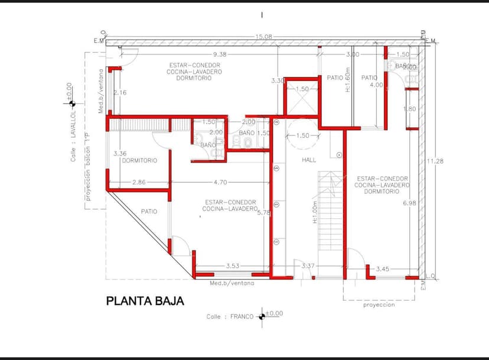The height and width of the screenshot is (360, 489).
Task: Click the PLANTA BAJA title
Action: tap(145, 301)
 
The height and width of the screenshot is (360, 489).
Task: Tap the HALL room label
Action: tap(309, 160)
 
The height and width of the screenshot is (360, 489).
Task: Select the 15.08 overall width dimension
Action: tap(263, 37)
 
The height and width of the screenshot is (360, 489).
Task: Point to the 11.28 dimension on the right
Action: tap(435, 161)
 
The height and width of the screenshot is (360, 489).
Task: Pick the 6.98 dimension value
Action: tap(409, 203)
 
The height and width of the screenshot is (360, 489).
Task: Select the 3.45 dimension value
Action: tap(383, 269)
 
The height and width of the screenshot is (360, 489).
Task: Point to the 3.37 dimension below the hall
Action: tap(308, 267)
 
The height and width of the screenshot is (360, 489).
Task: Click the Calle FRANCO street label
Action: tap(230, 317)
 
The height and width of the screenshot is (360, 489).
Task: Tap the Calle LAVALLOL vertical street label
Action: tap(74, 135)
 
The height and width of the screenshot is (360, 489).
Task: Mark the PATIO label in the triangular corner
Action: tap(149, 211)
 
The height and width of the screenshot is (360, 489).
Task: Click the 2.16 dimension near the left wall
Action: tap(120, 93)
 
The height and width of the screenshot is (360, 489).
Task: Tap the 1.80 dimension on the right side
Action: tap(409, 109)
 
